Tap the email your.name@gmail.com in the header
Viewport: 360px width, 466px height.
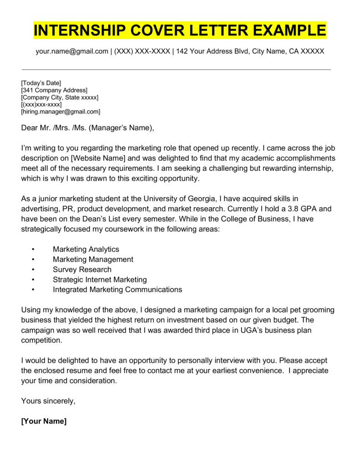tap(72, 51)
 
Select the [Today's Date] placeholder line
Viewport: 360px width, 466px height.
tap(41, 83)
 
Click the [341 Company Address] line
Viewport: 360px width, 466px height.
tap(54, 90)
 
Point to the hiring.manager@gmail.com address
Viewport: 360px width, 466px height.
tap(61, 111)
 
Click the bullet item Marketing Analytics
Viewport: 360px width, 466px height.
tap(86, 249)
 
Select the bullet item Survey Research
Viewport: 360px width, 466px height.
tap(82, 269)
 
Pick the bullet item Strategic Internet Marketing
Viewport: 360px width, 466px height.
tap(100, 279)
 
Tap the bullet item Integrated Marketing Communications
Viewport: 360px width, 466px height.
tap(117, 289)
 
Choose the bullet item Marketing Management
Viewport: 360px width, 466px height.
tap(93, 259)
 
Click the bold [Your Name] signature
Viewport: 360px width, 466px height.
tap(44, 421)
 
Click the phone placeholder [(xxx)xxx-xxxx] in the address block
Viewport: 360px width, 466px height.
tap(41, 104)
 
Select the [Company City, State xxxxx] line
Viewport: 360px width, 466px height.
tap(60, 97)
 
